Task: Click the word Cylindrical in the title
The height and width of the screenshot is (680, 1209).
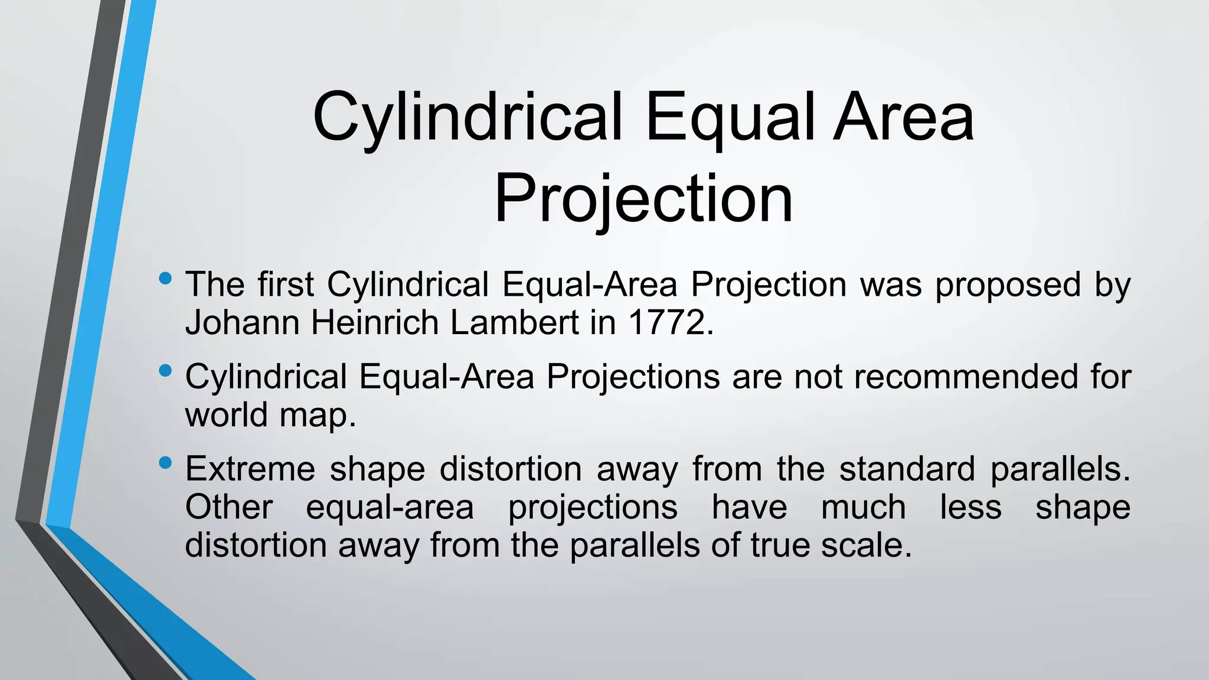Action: (468, 118)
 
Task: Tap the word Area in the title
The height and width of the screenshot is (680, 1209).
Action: (903, 118)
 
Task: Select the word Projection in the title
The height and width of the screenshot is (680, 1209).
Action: (643, 200)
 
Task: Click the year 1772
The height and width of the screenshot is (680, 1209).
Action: (671, 323)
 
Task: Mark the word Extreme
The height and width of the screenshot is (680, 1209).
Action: (251, 469)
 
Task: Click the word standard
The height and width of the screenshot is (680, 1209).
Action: (907, 469)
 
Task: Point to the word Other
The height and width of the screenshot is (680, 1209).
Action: (229, 507)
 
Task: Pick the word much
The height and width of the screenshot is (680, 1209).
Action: (863, 507)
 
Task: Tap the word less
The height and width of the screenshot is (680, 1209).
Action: (971, 507)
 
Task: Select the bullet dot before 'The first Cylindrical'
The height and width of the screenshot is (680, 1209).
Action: (166, 278)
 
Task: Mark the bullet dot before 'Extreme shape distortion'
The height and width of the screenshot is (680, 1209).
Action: (166, 463)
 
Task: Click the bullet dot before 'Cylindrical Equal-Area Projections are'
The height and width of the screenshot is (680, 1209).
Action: (166, 371)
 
